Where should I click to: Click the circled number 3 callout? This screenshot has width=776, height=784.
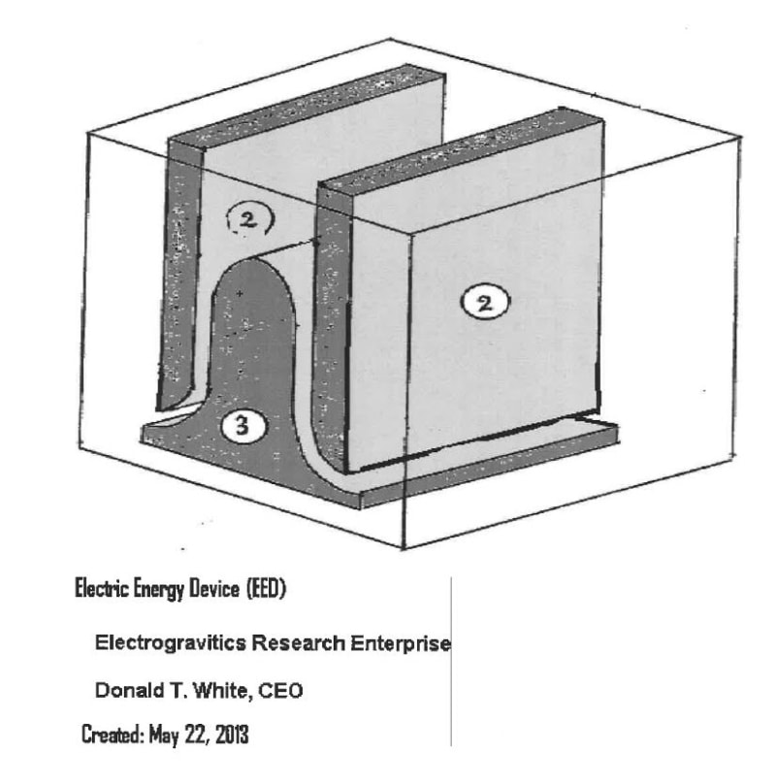241,425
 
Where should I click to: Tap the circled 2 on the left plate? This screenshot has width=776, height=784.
249,220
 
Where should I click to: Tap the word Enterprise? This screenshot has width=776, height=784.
398,643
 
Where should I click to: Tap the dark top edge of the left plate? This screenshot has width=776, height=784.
306,105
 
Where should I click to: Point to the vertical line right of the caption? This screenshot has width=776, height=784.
451,660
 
